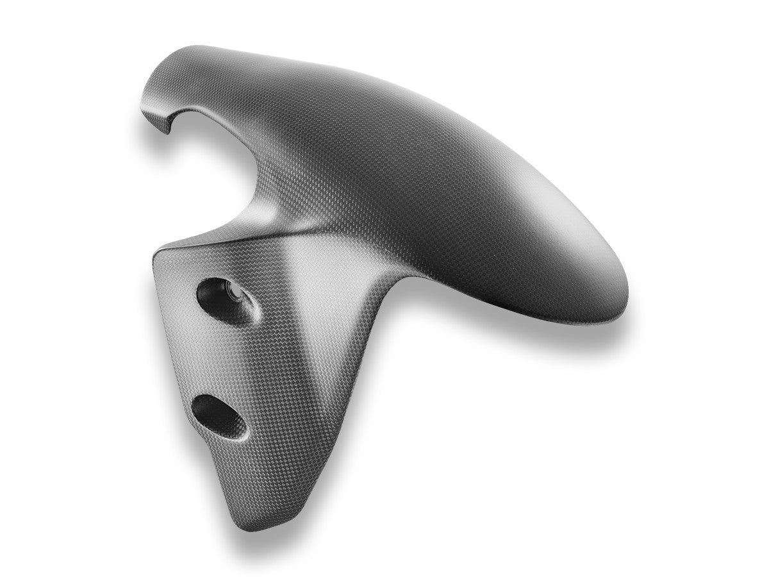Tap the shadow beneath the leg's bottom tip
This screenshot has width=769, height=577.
[x=256, y=539]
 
